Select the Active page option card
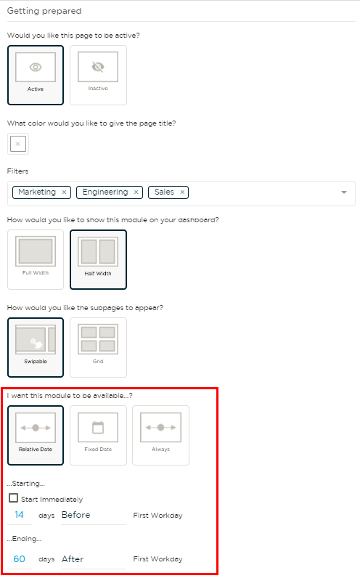[36, 76]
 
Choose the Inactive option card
[98, 76]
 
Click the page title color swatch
[17, 144]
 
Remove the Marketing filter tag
[64, 192]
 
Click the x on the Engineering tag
[136, 192]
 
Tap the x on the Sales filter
[182, 192]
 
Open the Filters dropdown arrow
[344, 192]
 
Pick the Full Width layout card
[36, 259]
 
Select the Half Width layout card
[98, 259]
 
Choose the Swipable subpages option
[36, 347]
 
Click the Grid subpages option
[98, 347]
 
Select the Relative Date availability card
[36, 435]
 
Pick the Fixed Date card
[98, 435]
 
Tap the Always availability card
[160, 435]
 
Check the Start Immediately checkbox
[13, 497]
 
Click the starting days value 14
[20, 515]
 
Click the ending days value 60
[20, 558]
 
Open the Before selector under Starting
[94, 515]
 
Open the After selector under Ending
[94, 559]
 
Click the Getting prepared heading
[44, 11]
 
